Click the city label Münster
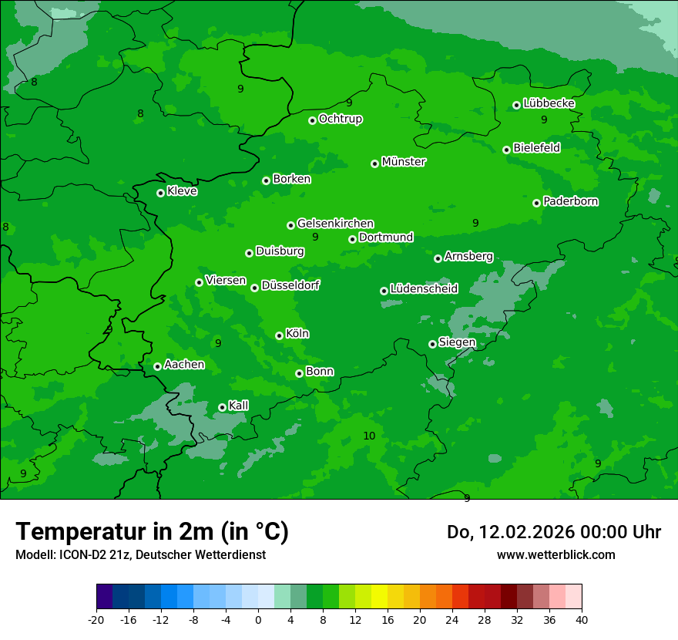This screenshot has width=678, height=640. [x=404, y=162]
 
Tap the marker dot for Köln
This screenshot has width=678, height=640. [x=279, y=335]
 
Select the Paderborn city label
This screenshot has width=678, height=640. [x=571, y=201]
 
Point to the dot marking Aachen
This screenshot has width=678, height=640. [x=157, y=366]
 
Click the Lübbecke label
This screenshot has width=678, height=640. [x=549, y=103]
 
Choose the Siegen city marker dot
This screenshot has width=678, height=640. [x=432, y=344]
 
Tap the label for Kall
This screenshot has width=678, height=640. [x=239, y=406]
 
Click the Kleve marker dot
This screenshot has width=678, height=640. [x=160, y=193]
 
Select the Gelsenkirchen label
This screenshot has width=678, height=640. [x=335, y=224]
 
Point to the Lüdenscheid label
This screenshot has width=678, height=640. [x=424, y=289]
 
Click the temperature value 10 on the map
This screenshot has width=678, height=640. [x=369, y=436]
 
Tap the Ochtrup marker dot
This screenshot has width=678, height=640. [x=312, y=120]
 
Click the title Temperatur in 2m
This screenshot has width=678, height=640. [x=152, y=532]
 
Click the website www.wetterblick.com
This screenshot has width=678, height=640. [x=555, y=554]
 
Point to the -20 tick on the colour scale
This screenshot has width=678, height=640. [x=96, y=619]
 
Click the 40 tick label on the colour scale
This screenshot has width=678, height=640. [x=581, y=619]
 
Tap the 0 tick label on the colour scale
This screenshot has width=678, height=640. [x=258, y=619]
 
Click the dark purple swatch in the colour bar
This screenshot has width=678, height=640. [x=105, y=597]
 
